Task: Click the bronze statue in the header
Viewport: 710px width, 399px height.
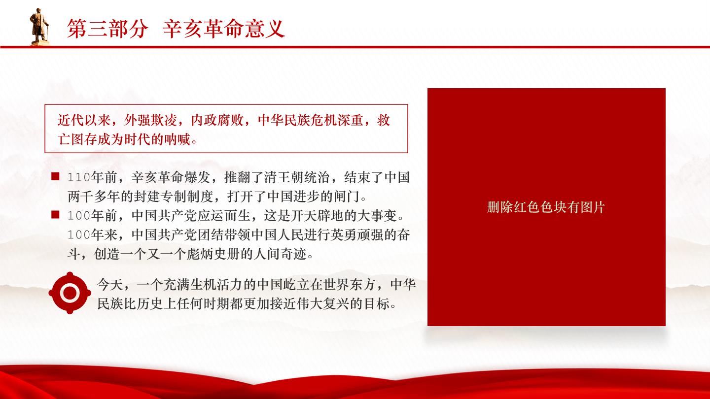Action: click(x=39, y=27)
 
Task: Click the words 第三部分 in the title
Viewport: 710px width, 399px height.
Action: click(x=108, y=29)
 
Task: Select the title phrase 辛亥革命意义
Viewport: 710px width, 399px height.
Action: click(x=224, y=29)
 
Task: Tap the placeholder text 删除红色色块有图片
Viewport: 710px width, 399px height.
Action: click(x=546, y=207)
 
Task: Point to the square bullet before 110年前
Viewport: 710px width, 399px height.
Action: click(x=55, y=176)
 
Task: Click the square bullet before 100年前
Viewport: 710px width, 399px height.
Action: click(x=55, y=215)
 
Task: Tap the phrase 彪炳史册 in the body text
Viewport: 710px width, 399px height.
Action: click(x=213, y=254)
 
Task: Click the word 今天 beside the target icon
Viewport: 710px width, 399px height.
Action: click(x=110, y=285)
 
